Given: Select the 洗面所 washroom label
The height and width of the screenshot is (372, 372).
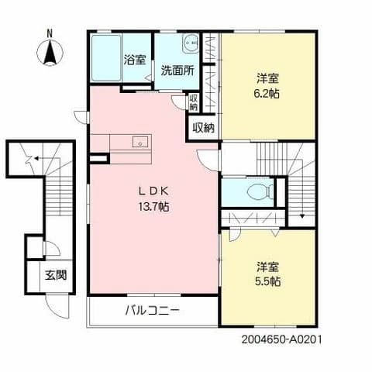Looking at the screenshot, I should [x=178, y=68].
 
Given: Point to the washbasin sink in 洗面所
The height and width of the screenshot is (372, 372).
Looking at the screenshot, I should [x=189, y=44].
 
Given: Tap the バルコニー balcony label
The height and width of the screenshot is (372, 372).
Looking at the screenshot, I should [x=153, y=311].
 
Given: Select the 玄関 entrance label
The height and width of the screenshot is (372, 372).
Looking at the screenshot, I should [x=54, y=274].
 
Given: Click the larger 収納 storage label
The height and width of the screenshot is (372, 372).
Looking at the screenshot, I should [x=203, y=127].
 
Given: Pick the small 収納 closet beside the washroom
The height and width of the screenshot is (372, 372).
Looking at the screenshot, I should [x=194, y=102].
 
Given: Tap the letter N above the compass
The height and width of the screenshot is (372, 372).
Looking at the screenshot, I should [x=49, y=33].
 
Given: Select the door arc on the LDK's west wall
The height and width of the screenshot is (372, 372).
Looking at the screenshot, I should [x=81, y=118].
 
